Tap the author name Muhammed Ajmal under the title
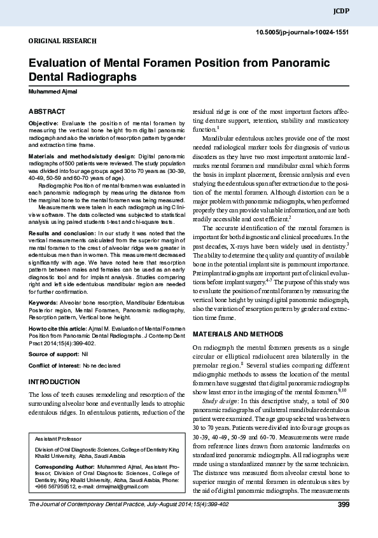tap(52, 92)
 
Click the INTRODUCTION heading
tap(55, 382)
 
